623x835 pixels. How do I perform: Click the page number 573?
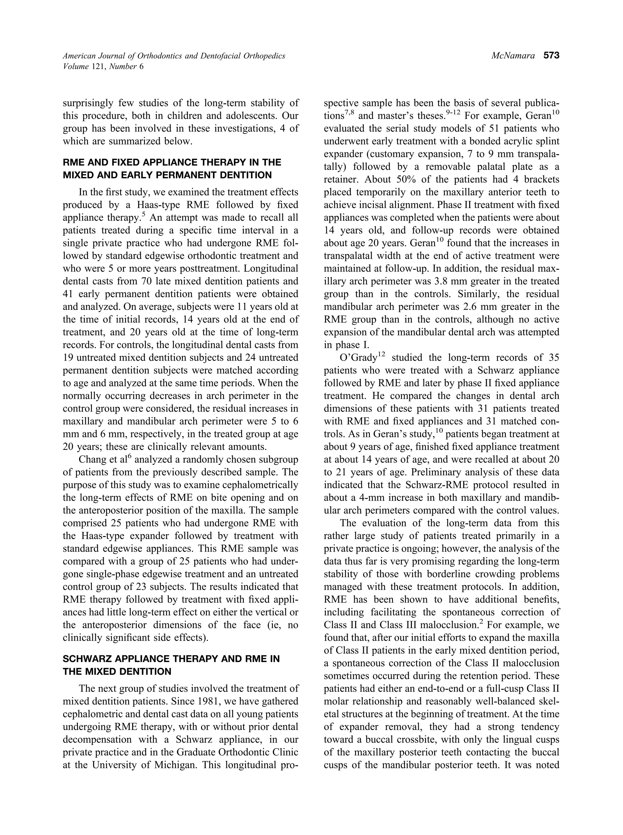[551, 56]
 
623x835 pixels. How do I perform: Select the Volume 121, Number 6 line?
[104, 66]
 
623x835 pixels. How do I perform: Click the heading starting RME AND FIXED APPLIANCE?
[172, 162]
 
